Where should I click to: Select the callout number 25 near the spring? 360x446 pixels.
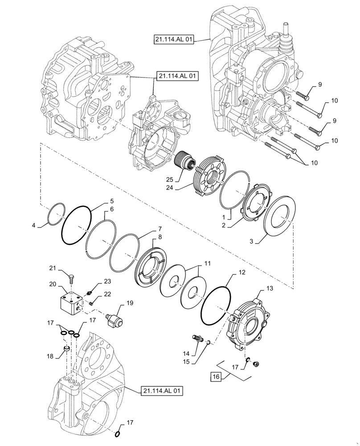(x=169, y=179)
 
